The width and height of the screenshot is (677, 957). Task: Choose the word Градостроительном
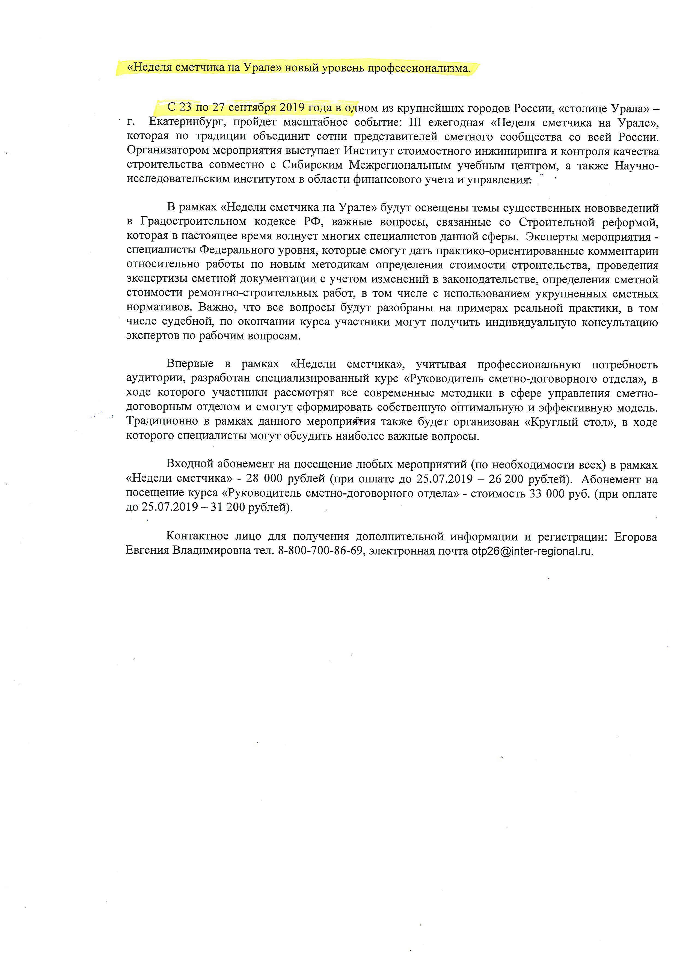[194, 222]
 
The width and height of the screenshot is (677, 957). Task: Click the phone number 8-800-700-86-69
[320, 551]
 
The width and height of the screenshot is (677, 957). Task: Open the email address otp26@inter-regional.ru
[532, 551]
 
